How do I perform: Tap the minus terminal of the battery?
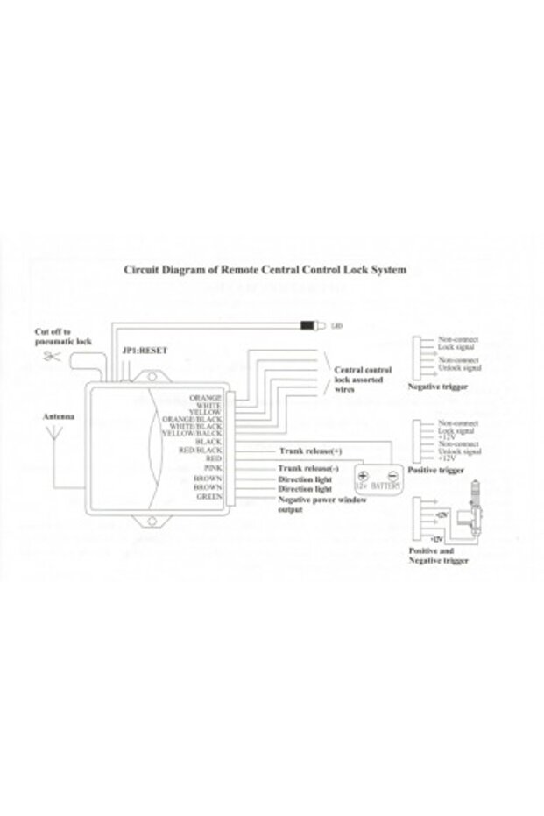pos(392,474)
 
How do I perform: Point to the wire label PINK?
pos(212,467)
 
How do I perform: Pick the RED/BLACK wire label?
pos(202,450)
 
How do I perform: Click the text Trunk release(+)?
pos(310,451)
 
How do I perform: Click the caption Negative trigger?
pos(437,387)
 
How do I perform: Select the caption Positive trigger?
pos(435,471)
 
